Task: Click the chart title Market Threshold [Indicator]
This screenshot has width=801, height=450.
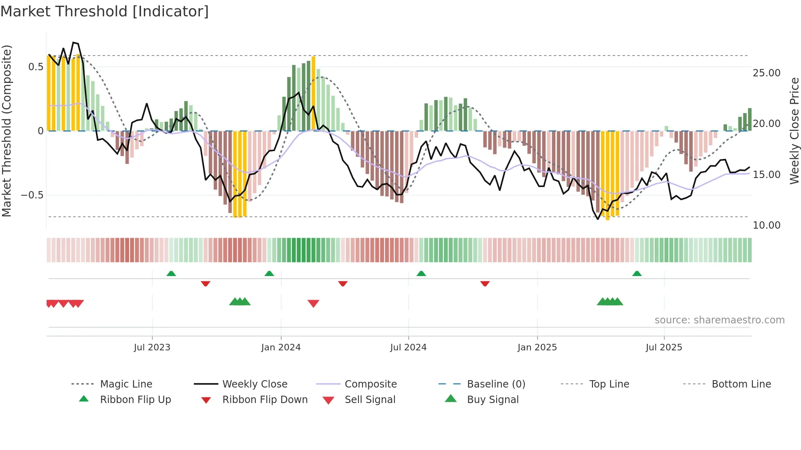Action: click(x=105, y=11)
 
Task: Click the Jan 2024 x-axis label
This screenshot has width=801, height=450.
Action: click(x=281, y=348)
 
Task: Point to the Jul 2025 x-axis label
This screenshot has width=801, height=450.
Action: click(x=664, y=348)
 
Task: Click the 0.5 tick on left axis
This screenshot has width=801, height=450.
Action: click(x=36, y=67)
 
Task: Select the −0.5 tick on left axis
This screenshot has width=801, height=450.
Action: click(x=32, y=195)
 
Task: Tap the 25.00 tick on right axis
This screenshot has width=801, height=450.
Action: click(x=766, y=73)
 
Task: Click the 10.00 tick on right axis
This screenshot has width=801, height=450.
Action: click(x=766, y=225)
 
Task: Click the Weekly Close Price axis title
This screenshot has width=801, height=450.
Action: click(x=794, y=131)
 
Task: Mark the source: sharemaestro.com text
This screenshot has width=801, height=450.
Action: click(x=719, y=320)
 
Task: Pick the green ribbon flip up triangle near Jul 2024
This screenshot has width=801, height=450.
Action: click(x=421, y=274)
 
